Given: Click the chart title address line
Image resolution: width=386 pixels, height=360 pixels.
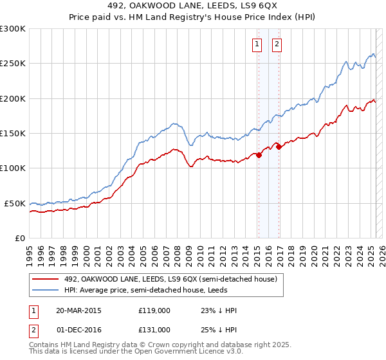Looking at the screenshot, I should coord(192,7).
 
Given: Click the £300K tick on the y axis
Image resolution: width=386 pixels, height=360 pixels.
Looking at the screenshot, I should coord(13,29).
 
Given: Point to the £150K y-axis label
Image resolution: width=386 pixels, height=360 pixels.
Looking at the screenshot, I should coord(13,133).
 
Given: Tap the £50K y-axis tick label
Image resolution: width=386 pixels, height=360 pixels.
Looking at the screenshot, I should coord(15,203).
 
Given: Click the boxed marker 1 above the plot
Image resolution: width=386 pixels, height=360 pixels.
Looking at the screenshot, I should coord(257,44).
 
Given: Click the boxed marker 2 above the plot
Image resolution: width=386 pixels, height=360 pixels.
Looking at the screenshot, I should coord(277,44).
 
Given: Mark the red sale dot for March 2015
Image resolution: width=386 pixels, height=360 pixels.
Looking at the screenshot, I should coord(259,155).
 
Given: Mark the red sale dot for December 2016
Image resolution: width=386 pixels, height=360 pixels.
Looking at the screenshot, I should coord(279,147).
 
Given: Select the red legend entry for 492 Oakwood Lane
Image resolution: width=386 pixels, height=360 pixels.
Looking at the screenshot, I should coord(170,279).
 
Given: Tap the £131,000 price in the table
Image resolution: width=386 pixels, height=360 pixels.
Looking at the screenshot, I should coord(154,329).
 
